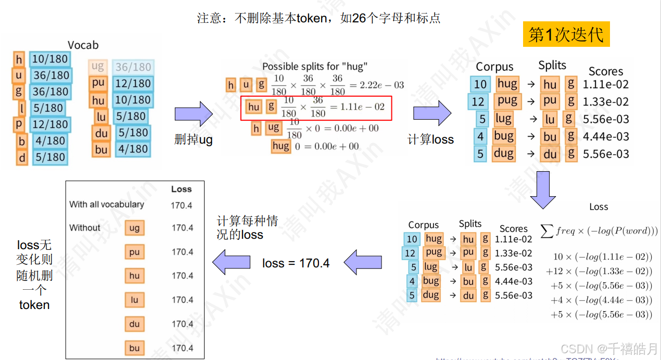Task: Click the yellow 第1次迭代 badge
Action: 566,34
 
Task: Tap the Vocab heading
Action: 83,45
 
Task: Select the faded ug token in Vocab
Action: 98,66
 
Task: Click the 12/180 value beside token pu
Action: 132,83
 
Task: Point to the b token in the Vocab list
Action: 21,140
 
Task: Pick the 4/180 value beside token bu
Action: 132,149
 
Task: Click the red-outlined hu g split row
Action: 315,107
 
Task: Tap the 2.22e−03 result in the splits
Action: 382,85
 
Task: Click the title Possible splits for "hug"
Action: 314,66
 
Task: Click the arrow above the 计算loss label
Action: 432,113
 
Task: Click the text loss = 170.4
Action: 296,263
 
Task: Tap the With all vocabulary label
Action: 107,204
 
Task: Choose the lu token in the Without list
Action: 134,300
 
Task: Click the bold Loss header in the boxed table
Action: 181,189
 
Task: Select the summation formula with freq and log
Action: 599,231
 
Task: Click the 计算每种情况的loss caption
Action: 248,228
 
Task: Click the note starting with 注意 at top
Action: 319,18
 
